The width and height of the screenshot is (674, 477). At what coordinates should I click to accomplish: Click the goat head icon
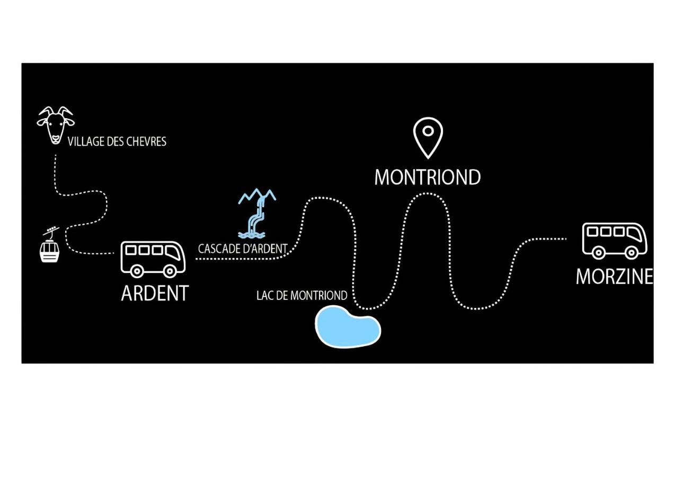click(55, 125)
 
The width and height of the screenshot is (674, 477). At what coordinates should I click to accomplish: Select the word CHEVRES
click(146, 142)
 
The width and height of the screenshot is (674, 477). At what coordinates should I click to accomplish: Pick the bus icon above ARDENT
click(153, 259)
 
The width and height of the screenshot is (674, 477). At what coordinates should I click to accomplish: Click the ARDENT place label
click(155, 293)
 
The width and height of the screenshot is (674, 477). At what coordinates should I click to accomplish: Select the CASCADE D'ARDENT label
click(243, 248)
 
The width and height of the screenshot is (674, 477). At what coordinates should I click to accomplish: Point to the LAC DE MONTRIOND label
click(301, 296)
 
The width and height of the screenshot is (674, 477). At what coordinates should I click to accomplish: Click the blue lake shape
click(348, 326)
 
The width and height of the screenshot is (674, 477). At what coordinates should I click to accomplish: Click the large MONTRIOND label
click(427, 178)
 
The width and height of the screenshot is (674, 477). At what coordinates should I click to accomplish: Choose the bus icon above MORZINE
click(615, 240)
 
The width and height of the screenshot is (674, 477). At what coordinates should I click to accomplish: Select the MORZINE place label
click(614, 276)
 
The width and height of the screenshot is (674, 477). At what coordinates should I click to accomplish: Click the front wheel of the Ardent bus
click(169, 271)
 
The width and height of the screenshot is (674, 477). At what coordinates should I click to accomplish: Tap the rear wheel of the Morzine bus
click(599, 252)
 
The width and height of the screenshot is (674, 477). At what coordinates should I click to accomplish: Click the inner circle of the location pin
click(428, 130)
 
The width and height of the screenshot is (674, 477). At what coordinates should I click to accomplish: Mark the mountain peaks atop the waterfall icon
click(257, 196)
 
